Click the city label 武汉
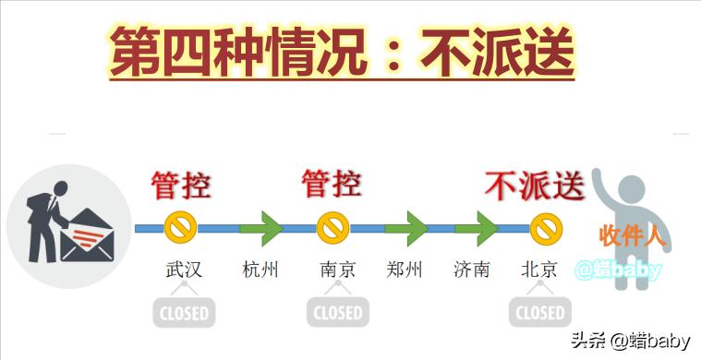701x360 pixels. coord(183,270)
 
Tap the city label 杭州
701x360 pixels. coord(260,270)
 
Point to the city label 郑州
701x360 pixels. coord(404,270)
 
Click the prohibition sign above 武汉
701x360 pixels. coord(180,227)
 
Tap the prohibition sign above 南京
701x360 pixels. coord(332,227)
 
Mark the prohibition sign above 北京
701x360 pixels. coord(547,227)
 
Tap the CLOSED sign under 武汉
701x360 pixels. coord(184,312)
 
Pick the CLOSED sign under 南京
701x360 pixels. coord(337,312)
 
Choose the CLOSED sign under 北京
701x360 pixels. coord(540,312)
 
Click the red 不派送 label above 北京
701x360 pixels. coord(535,186)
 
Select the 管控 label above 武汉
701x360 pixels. coord(181,186)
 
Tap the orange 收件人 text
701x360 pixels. coord(633,234)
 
